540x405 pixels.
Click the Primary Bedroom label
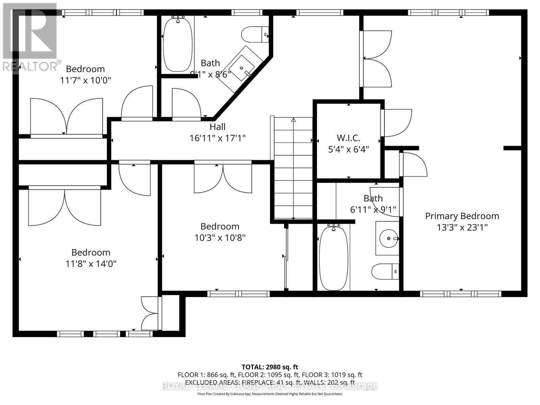tap(462, 216)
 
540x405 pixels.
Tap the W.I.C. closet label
tap(348, 138)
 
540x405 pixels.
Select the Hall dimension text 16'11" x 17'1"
tap(217, 138)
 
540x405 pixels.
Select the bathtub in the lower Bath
tap(333, 258)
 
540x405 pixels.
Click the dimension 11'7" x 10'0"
tap(85, 80)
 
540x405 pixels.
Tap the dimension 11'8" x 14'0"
tap(91, 264)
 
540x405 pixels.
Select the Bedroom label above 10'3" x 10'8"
tap(220, 226)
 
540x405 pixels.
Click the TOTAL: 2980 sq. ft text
tap(270, 367)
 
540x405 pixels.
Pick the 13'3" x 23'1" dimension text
tap(462, 227)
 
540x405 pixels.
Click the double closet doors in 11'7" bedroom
tap(66, 116)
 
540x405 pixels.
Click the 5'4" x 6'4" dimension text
tap(348, 149)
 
